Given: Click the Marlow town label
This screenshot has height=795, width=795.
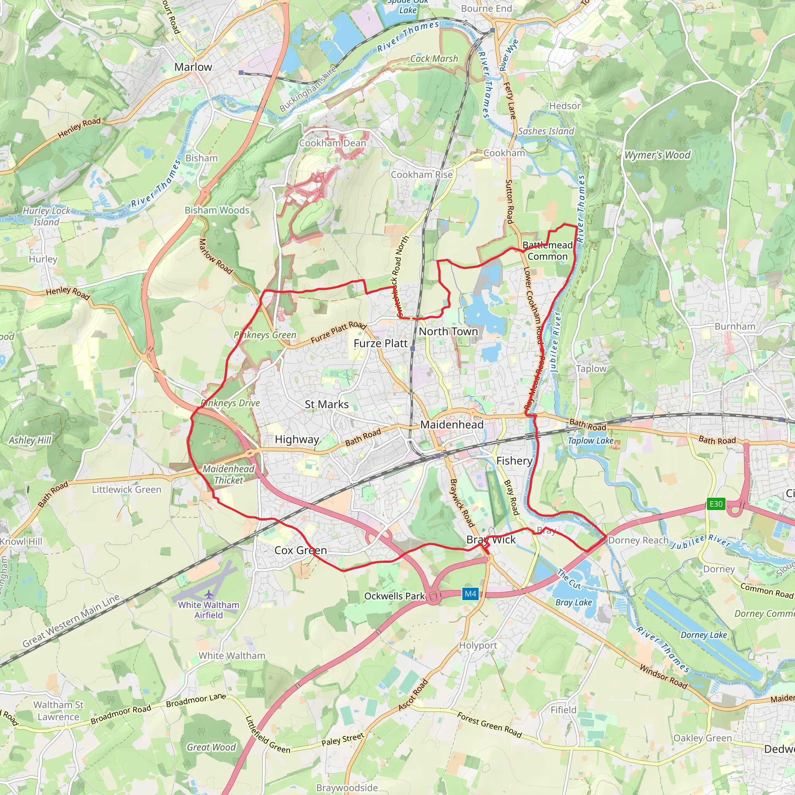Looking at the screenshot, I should (193, 67).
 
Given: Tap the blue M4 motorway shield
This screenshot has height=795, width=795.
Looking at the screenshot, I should (470, 594).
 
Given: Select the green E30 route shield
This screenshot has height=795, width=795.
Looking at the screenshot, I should (716, 503).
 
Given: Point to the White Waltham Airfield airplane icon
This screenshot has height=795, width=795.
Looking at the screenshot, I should (209, 595).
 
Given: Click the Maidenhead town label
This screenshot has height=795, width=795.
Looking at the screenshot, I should (452, 425).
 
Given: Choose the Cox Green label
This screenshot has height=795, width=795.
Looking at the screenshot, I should (300, 550).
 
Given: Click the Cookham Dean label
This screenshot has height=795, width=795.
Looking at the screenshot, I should (333, 143).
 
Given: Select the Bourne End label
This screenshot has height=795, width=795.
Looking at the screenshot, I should (486, 9).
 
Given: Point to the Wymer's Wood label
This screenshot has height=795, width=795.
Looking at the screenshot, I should (658, 155).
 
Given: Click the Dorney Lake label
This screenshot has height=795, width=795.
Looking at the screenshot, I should (704, 635).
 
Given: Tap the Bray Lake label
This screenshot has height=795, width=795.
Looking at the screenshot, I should (574, 602).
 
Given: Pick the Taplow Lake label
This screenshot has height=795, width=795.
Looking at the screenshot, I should (590, 441).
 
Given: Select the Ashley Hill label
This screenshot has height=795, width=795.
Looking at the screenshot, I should (30, 440).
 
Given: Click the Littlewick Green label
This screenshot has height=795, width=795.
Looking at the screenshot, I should (126, 489).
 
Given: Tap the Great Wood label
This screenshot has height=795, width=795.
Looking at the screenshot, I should (211, 747).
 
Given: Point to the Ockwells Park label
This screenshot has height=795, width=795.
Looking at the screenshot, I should (394, 596).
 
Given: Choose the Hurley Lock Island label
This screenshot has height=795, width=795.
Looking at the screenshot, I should (46, 216).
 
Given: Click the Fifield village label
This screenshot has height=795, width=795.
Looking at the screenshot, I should (563, 710).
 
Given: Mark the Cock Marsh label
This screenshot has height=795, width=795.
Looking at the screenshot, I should (434, 59).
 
